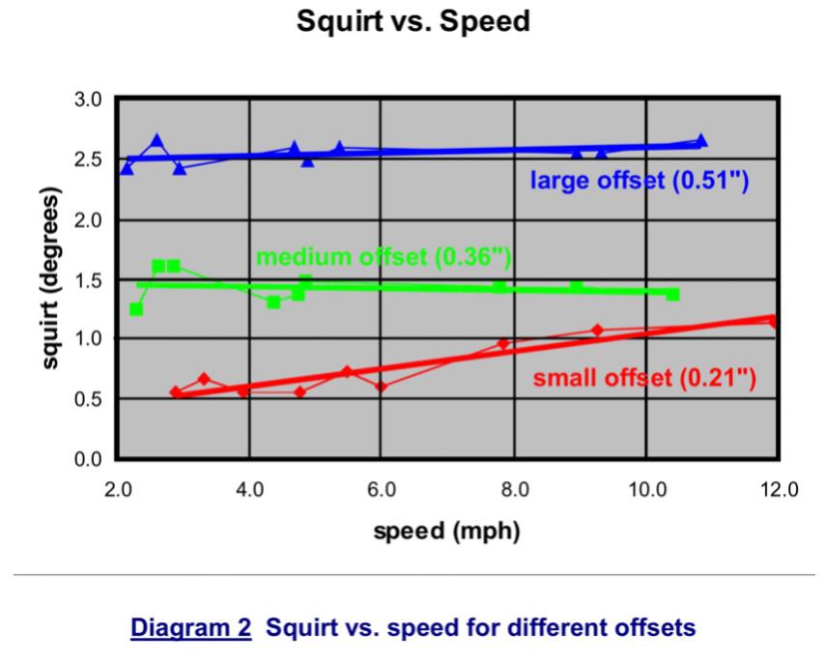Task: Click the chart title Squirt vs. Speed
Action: click(412, 21)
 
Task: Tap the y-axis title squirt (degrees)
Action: click(51, 278)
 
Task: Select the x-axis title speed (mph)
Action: click(447, 532)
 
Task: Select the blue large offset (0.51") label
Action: click(640, 181)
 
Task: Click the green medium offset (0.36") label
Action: click(383, 257)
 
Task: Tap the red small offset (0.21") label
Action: click(644, 377)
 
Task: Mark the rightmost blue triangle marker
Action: click(701, 141)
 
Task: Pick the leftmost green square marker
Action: click(136, 309)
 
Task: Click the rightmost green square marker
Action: click(672, 294)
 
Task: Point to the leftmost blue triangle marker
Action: click(128, 168)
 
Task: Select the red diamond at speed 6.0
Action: click(381, 387)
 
